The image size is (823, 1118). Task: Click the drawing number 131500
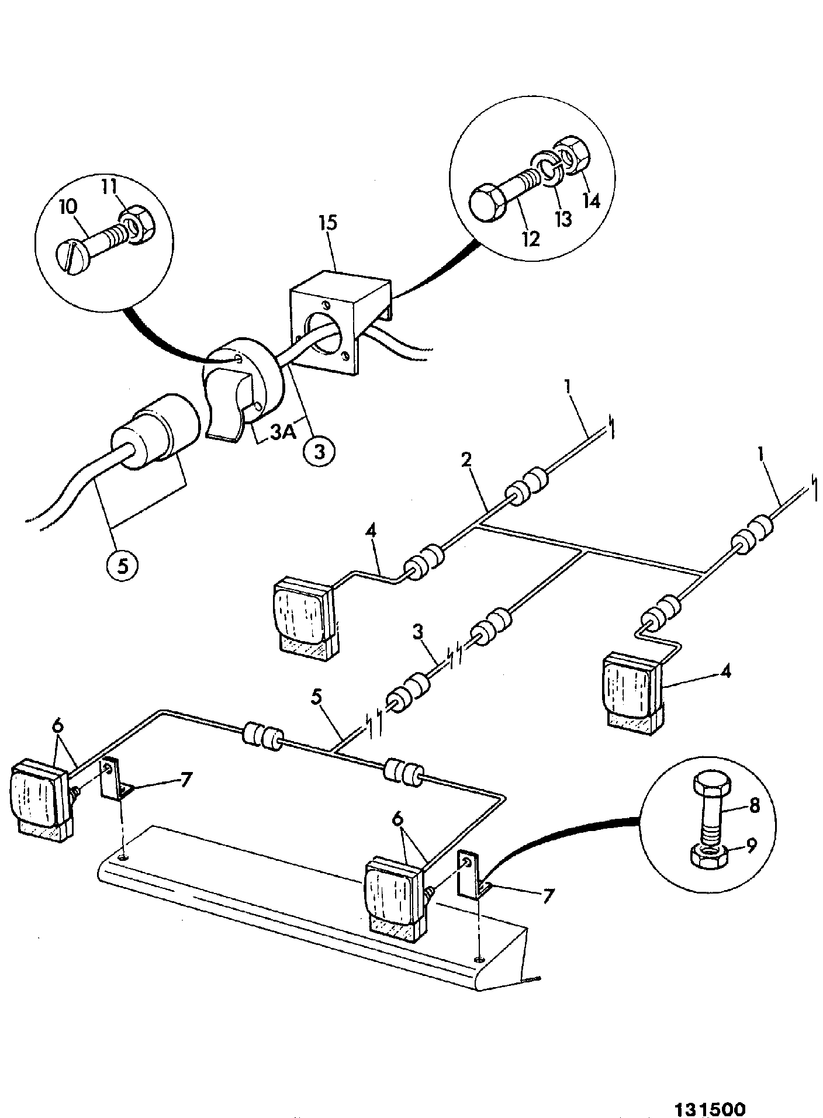click(x=710, y=1092)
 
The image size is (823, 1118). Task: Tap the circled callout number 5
click(x=122, y=566)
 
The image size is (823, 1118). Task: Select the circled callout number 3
click(x=318, y=450)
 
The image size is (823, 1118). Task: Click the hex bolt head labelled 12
click(x=486, y=204)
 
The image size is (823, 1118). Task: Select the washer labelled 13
click(x=547, y=169)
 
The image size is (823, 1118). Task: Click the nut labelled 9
click(x=708, y=857)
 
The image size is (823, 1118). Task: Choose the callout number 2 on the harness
click(x=466, y=459)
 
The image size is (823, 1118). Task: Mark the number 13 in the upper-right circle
click(x=563, y=219)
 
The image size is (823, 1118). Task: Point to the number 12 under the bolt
click(x=532, y=238)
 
